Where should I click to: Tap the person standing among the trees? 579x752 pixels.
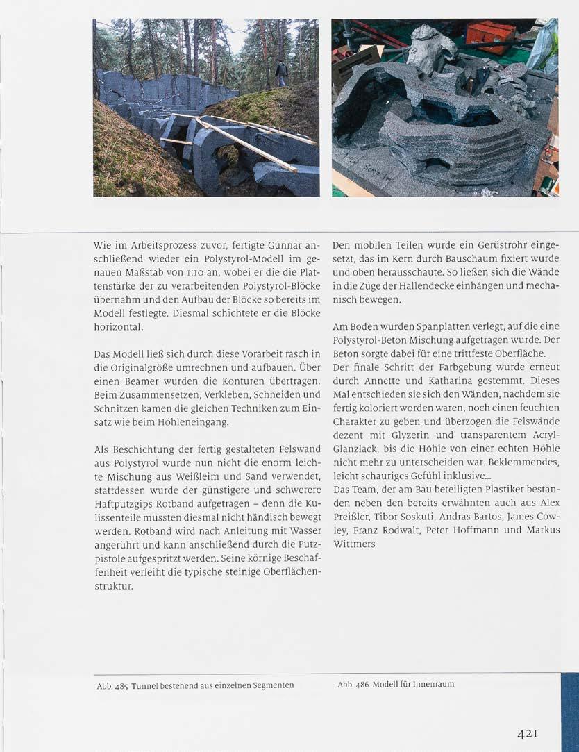[281, 73]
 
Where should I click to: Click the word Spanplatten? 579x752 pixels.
[439, 326]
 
